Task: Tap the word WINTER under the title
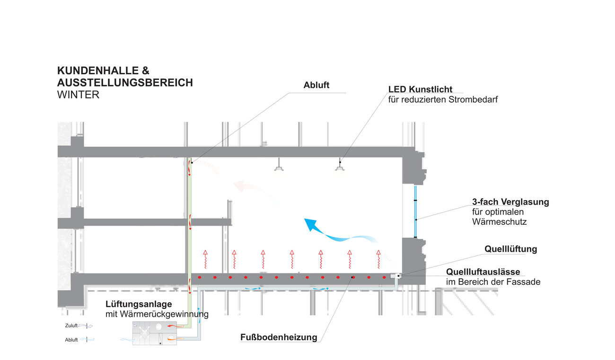pos(78,95)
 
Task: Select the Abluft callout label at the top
pos(316,86)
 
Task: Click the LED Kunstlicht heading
pos(420,89)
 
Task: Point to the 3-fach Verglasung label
pos(510,202)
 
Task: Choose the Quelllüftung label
pos(511,249)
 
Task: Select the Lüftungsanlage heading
pos(139,304)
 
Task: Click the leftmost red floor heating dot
pos(200,277)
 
